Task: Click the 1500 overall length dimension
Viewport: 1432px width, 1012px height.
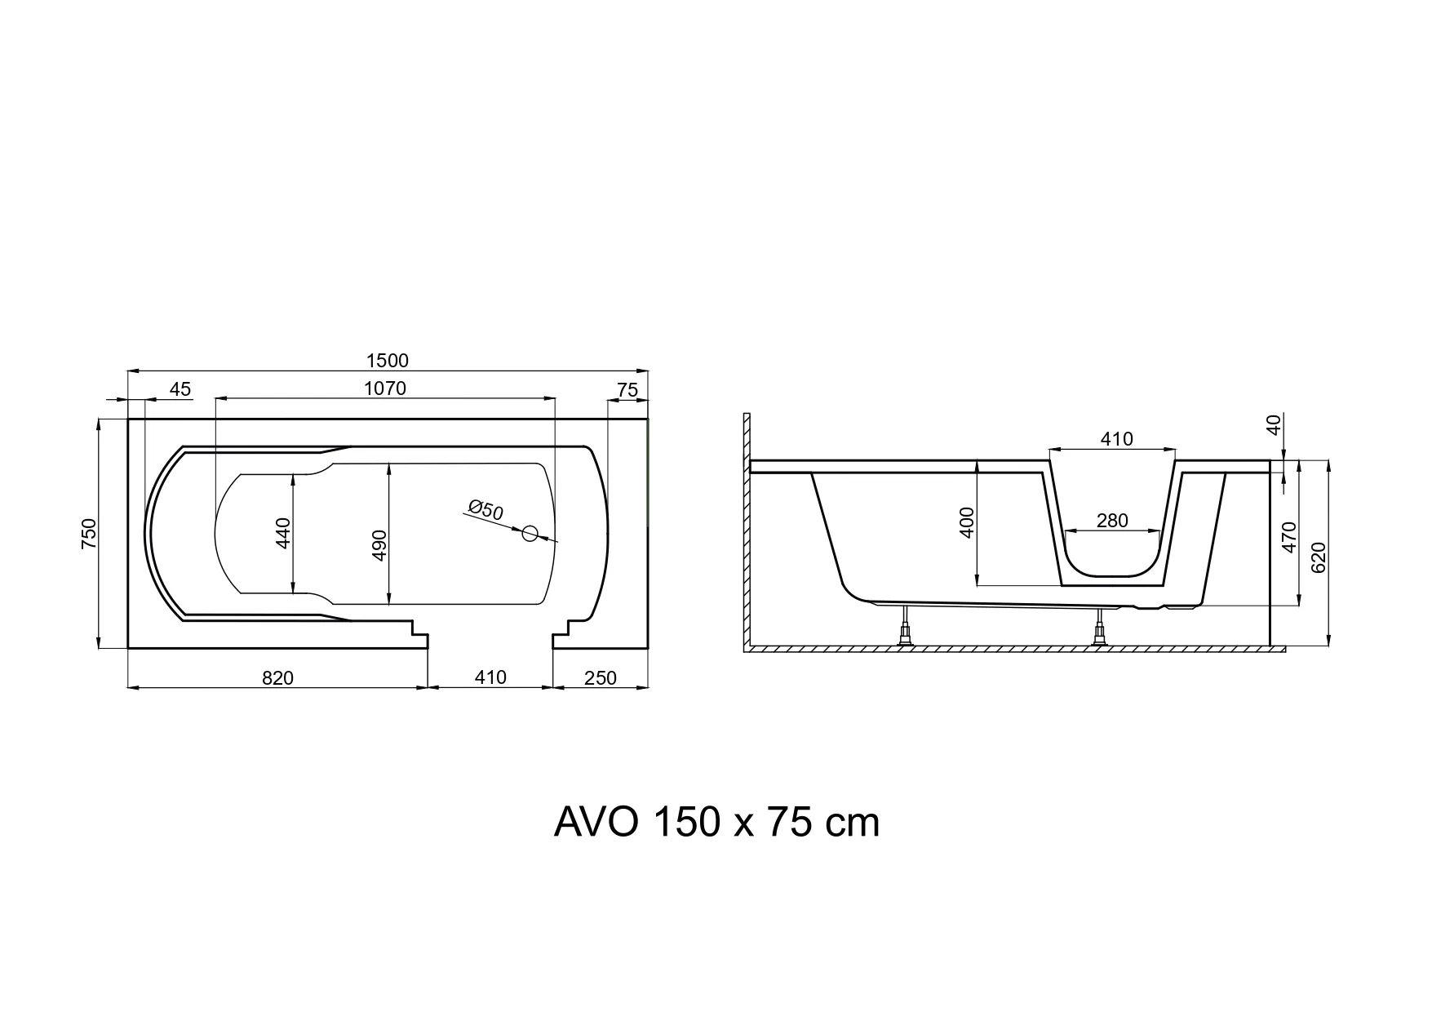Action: click(388, 360)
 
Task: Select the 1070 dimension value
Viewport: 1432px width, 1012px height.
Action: click(385, 388)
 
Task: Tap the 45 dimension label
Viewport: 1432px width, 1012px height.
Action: click(180, 389)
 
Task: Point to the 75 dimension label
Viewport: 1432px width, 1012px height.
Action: click(627, 390)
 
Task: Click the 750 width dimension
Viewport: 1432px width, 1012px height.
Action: click(90, 534)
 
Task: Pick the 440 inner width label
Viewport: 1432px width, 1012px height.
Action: click(284, 533)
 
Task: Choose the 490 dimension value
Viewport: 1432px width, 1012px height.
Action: click(379, 545)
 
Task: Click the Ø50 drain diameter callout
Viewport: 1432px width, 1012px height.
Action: click(486, 510)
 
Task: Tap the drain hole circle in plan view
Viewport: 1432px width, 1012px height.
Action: click(530, 534)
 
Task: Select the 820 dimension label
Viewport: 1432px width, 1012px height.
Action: click(277, 678)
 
